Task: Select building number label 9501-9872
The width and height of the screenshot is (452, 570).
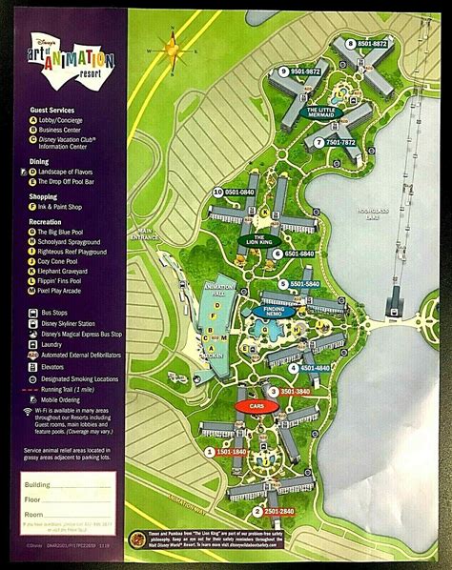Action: [x=302, y=71]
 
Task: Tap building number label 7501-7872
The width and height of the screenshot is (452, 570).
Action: [x=334, y=142]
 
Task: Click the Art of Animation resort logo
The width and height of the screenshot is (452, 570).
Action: [x=72, y=65]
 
